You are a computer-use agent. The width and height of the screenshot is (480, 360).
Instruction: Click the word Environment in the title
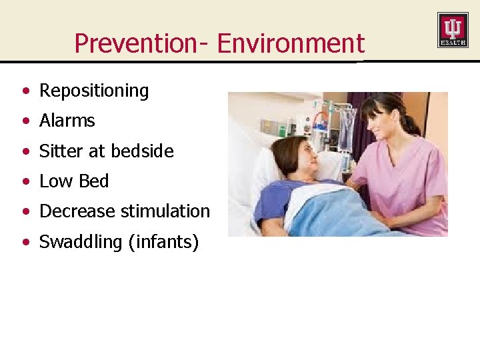tap(291, 43)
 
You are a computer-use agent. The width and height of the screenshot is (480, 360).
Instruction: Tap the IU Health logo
tap(452, 30)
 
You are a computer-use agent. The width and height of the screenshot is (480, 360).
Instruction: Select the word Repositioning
tap(94, 91)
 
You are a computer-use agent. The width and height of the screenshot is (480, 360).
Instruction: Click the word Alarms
tap(67, 121)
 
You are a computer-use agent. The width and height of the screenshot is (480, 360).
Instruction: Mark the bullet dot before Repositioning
tap(25, 91)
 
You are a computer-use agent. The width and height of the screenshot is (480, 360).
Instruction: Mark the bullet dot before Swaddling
tap(25, 242)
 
